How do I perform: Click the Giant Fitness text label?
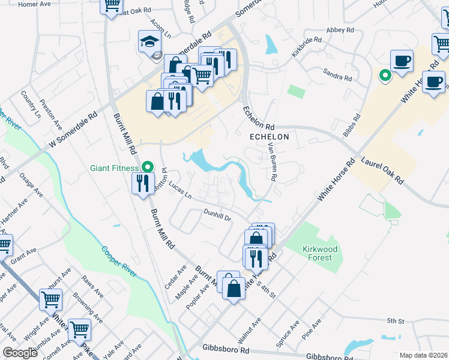[113, 169]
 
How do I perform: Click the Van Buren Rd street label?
[273, 161]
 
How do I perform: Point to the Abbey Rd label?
[340, 30]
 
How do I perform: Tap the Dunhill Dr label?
[217, 214]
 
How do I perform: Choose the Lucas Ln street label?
[179, 190]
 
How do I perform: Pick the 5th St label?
[393, 322]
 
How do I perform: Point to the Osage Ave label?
[30, 183]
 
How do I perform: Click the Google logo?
[19, 353]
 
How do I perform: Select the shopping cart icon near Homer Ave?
[112, 6]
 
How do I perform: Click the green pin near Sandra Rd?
[384, 76]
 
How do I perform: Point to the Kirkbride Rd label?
[307, 47]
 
